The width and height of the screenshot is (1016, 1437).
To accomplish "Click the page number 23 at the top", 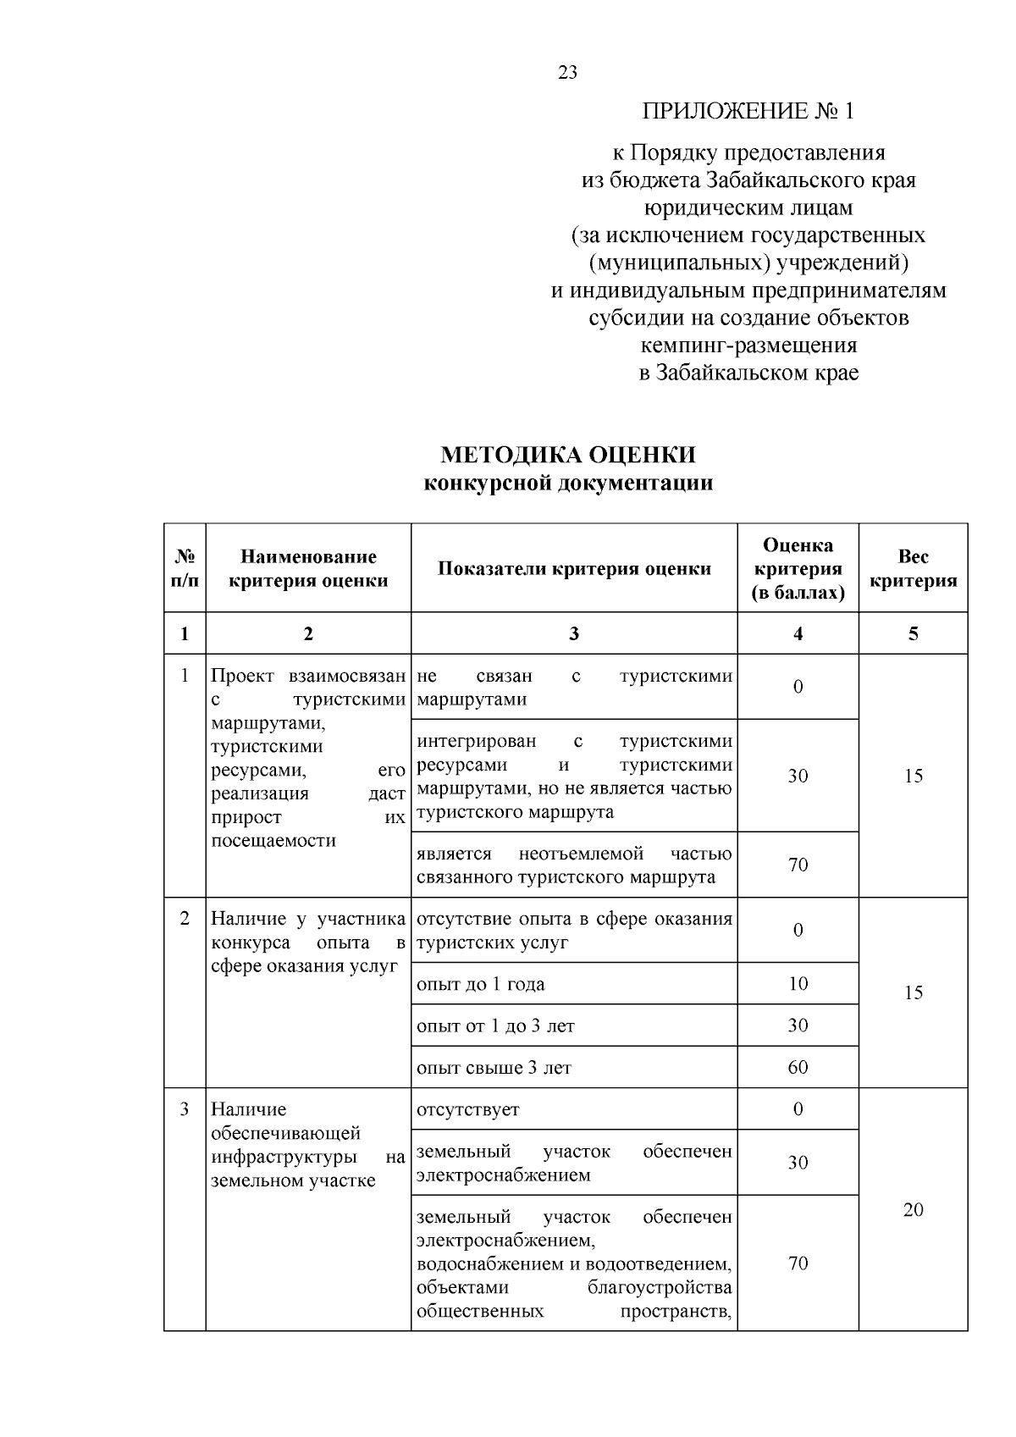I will click(567, 73).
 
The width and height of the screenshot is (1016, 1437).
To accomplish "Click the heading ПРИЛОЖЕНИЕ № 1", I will click(748, 111).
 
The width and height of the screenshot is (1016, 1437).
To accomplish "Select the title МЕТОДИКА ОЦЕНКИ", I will click(567, 455).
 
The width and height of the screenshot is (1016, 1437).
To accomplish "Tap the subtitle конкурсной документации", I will click(567, 484).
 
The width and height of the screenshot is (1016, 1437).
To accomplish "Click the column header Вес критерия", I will click(913, 568).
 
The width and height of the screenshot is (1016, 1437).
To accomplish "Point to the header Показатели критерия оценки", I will click(574, 568).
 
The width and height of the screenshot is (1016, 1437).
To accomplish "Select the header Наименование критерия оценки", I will click(308, 568).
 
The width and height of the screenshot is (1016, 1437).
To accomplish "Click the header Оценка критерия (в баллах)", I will click(798, 568).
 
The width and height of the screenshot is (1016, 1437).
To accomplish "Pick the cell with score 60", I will click(798, 1067).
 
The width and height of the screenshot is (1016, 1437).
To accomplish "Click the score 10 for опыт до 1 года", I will click(798, 983).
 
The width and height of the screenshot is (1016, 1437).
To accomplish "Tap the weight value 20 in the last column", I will click(913, 1209).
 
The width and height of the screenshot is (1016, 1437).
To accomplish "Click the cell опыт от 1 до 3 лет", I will click(495, 1026).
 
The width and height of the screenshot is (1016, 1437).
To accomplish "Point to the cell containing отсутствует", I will click(468, 1109).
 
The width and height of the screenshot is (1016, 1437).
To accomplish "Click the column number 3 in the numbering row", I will click(574, 633).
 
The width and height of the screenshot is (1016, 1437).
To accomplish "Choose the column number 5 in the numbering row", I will click(913, 633).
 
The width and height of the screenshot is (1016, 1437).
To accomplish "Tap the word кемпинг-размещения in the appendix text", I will click(748, 345).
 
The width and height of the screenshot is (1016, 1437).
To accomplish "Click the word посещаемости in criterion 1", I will click(273, 841).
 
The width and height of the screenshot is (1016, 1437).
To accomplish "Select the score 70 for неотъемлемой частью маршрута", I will click(798, 865).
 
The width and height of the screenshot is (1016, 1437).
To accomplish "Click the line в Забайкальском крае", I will click(748, 373).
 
